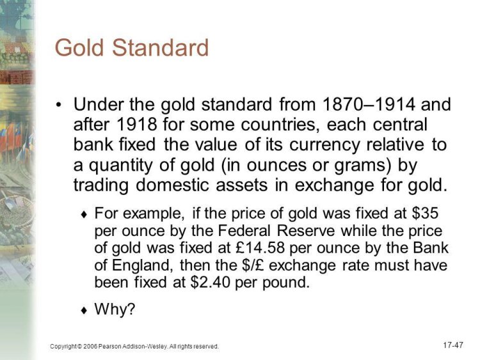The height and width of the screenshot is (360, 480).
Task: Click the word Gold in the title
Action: (79, 47)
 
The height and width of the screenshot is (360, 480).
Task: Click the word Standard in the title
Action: (160, 47)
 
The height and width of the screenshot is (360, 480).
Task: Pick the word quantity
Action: (120, 166)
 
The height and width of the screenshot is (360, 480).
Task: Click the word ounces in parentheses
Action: (276, 166)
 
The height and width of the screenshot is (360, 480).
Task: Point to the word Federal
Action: (244, 231)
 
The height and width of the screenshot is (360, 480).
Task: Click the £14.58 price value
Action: (260, 247)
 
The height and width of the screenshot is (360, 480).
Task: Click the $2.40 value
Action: (210, 282)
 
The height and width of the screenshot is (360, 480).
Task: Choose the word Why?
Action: (115, 309)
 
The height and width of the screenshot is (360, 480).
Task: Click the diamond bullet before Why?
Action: (84, 311)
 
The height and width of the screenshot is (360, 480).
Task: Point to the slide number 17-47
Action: (453, 345)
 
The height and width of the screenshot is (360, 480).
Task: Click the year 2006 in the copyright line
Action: (90, 347)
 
